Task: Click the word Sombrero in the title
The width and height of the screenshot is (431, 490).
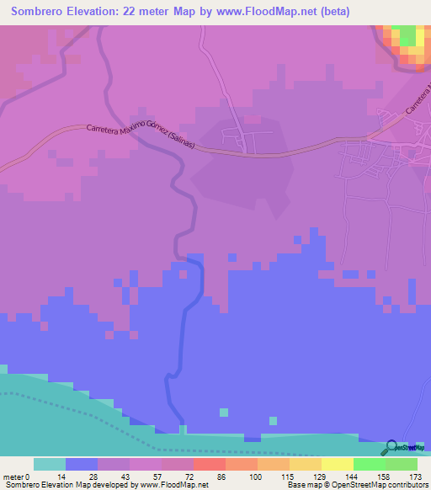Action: coord(41,12)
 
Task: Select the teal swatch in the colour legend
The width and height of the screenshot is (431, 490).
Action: coord(50,464)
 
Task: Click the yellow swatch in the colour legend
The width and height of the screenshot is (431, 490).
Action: coord(338,464)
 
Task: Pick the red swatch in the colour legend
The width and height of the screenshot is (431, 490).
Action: coord(210,464)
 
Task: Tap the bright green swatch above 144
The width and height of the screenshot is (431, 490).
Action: coord(370,464)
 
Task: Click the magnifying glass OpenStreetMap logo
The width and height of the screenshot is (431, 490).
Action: coord(391,448)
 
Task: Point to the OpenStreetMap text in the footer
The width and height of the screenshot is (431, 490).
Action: coord(396,485)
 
